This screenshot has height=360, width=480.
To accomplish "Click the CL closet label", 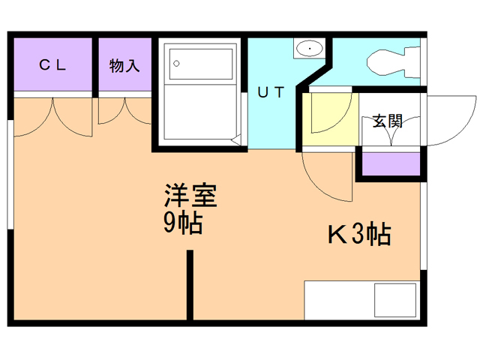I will [x=52, y=65].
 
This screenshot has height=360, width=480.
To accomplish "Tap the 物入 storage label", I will [x=124, y=65].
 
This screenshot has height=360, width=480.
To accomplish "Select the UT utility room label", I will [x=271, y=93].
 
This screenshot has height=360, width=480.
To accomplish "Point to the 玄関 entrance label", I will [x=388, y=121].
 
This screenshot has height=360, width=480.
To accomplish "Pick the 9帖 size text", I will [x=184, y=223].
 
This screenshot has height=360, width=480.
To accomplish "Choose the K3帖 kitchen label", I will [x=358, y=235].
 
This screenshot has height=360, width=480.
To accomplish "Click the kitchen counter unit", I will [x=361, y=301].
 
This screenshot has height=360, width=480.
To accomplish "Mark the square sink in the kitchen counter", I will [x=394, y=301].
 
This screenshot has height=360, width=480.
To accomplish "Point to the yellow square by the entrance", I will [x=330, y=118].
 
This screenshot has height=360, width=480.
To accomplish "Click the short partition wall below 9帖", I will [x=190, y=284].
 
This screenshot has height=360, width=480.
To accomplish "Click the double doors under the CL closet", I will [x=52, y=116].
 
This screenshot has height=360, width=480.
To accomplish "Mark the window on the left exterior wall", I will [x=10, y=172].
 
